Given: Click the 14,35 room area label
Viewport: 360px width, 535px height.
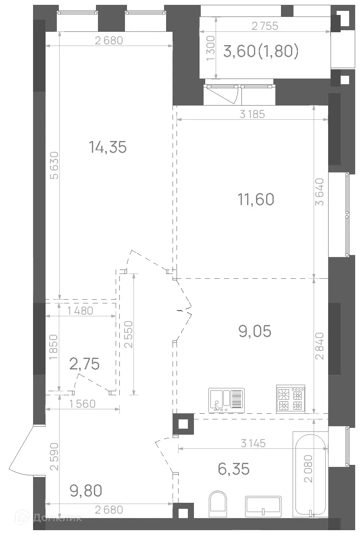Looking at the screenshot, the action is click(108, 147).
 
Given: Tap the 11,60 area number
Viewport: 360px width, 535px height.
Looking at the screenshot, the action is click(256, 199).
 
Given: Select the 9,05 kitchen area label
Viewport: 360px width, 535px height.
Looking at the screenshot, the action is click(255, 331).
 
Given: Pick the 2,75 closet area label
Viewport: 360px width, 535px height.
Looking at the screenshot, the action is click(84, 364).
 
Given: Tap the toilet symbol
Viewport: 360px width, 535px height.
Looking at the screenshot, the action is click(218, 505).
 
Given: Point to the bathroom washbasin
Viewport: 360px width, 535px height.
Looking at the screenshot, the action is click(263, 508).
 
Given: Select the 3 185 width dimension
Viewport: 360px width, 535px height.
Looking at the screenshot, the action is click(252, 114).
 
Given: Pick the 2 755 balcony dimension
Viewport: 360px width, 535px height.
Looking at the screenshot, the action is click(265, 26).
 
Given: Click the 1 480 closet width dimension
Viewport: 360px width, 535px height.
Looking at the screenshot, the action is click(80, 311).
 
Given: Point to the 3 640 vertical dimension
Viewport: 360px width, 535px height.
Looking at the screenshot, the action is click(320, 192).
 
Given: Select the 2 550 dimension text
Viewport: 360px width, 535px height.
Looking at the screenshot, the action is click(129, 334).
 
